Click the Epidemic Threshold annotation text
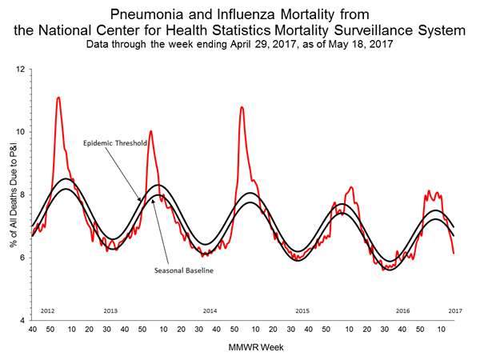click(x=114, y=143)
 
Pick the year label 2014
click(x=210, y=309)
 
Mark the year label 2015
click(x=303, y=309)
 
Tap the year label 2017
click(x=454, y=309)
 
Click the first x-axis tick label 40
click(x=31, y=329)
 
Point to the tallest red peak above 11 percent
click(x=58, y=98)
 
